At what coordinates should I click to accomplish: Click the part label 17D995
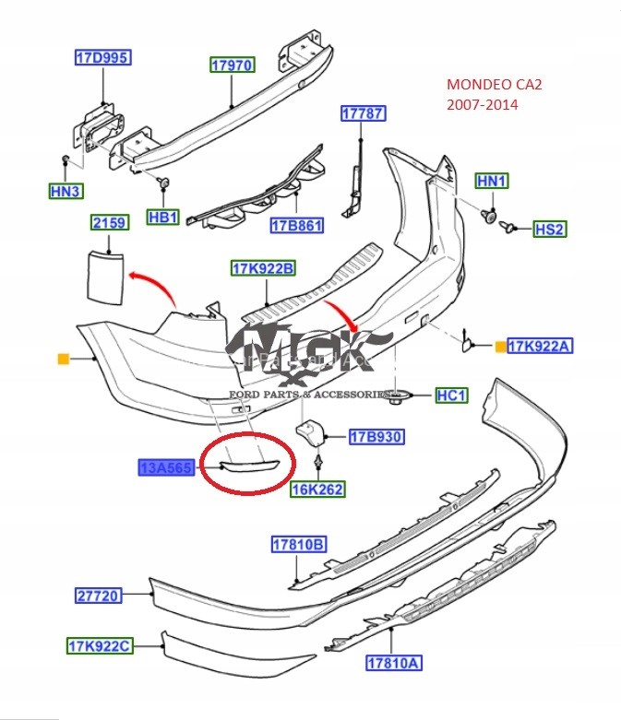pyautogui.click(x=102, y=58)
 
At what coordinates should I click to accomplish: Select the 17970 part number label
pyautogui.click(x=232, y=65)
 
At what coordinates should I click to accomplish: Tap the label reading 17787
pyautogui.click(x=364, y=113)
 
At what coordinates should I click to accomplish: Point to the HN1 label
pyautogui.click(x=492, y=182)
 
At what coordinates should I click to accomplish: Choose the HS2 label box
pyautogui.click(x=549, y=229)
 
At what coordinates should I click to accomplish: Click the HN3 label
pyautogui.click(x=66, y=192)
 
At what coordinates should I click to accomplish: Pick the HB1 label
pyautogui.click(x=163, y=218)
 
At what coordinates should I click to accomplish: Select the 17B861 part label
pyautogui.click(x=298, y=225)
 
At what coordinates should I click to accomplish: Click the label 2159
pyautogui.click(x=108, y=222)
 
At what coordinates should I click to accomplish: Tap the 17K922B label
pyautogui.click(x=264, y=268)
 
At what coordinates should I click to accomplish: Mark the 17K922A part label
pyautogui.click(x=541, y=346)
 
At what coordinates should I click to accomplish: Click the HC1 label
pyautogui.click(x=452, y=395)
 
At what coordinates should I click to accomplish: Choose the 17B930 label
pyautogui.click(x=376, y=436)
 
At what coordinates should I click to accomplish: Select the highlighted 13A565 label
pyautogui.click(x=165, y=468)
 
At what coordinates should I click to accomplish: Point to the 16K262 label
pyautogui.click(x=317, y=490)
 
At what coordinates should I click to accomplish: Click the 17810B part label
pyautogui.click(x=298, y=545)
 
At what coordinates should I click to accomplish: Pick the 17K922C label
pyautogui.click(x=98, y=646)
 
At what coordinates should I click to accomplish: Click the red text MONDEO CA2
pyautogui.click(x=495, y=86)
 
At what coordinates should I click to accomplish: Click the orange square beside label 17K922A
pyautogui.click(x=500, y=347)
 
